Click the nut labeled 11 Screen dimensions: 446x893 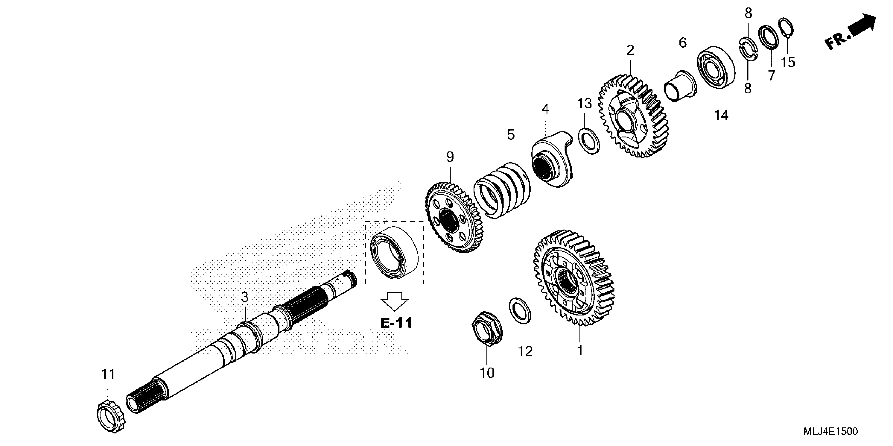[111, 417]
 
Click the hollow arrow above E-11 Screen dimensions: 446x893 [394, 301]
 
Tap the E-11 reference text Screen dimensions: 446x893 [396, 323]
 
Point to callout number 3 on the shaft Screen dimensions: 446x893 [245, 297]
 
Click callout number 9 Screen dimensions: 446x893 [450, 157]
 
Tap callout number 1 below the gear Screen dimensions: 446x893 [580, 351]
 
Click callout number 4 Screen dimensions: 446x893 [545, 109]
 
